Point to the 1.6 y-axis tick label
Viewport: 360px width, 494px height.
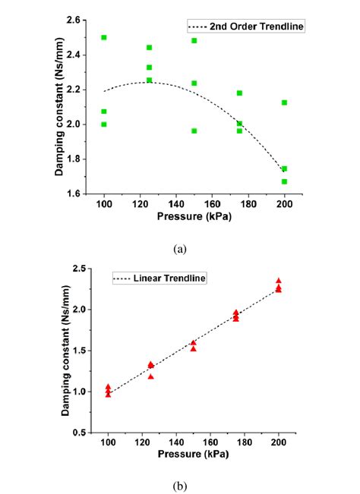click(x=84, y=194)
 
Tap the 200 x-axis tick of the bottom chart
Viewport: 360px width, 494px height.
click(x=279, y=444)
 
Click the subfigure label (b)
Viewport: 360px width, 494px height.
click(x=180, y=486)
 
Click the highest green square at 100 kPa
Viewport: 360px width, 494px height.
click(x=104, y=37)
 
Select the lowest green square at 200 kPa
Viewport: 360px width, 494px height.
click(x=284, y=181)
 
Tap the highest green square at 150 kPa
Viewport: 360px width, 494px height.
click(x=194, y=40)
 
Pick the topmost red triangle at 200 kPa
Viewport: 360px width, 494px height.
click(x=279, y=281)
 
